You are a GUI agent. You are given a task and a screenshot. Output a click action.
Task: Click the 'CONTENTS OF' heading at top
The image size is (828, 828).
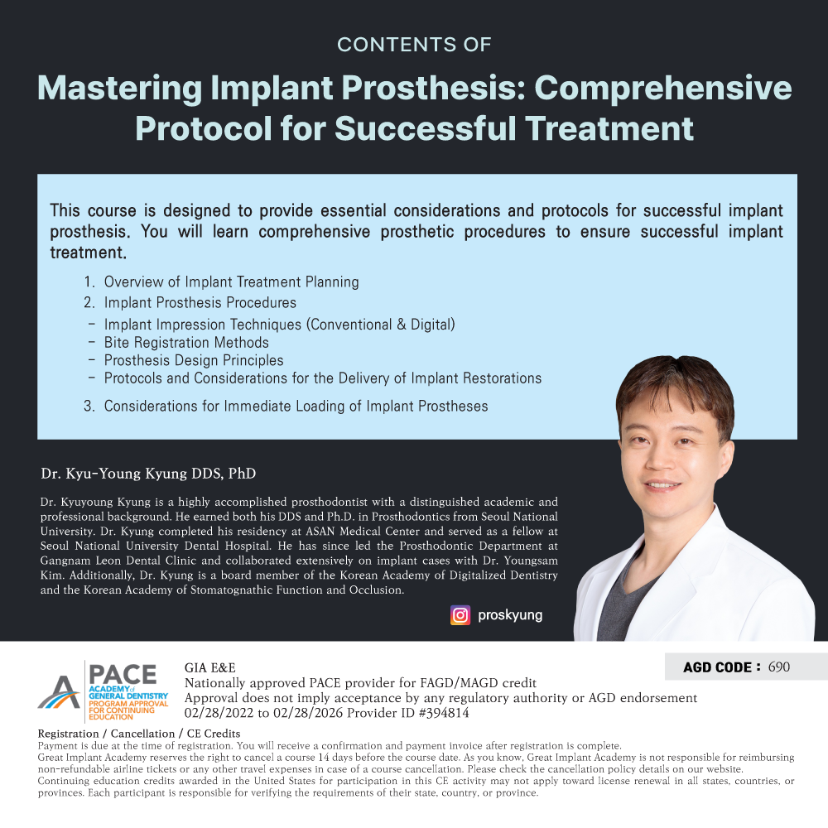point(414,45)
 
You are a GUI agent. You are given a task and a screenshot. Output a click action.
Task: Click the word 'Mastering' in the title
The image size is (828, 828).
point(120,88)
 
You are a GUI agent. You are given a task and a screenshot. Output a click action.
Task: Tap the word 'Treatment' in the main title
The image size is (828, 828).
point(609,128)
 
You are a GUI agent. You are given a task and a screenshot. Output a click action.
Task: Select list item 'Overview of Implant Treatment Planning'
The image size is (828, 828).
point(231,282)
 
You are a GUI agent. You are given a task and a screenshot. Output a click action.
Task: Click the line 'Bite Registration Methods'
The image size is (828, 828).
point(186,343)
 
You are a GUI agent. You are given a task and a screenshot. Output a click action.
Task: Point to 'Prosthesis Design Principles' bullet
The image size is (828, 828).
point(194,360)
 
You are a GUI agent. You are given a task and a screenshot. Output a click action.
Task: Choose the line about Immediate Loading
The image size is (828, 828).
point(296,406)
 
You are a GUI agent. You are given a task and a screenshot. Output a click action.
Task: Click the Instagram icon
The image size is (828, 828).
point(460,615)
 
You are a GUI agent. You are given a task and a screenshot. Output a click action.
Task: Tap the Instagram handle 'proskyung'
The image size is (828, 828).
point(510,616)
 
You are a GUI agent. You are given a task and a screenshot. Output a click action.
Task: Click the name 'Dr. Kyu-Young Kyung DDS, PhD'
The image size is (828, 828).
point(148,473)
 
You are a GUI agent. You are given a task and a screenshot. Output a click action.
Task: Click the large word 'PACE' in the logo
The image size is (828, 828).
point(123,674)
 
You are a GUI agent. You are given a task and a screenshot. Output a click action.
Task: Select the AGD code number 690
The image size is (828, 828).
point(779,667)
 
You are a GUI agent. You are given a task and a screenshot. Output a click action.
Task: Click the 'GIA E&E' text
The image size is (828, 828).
point(210,668)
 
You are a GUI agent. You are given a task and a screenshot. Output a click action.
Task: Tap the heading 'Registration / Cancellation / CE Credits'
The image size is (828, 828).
point(139,734)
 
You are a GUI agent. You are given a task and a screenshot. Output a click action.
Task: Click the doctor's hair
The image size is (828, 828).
point(676,380)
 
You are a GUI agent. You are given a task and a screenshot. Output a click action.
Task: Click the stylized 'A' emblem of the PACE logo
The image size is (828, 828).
point(59,692)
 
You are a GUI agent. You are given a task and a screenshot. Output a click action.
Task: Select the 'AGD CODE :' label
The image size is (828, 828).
point(722,667)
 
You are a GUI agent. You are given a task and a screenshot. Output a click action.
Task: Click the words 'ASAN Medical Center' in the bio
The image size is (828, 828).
point(363,532)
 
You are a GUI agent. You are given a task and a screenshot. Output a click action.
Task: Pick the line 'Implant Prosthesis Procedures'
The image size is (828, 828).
point(200,302)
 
